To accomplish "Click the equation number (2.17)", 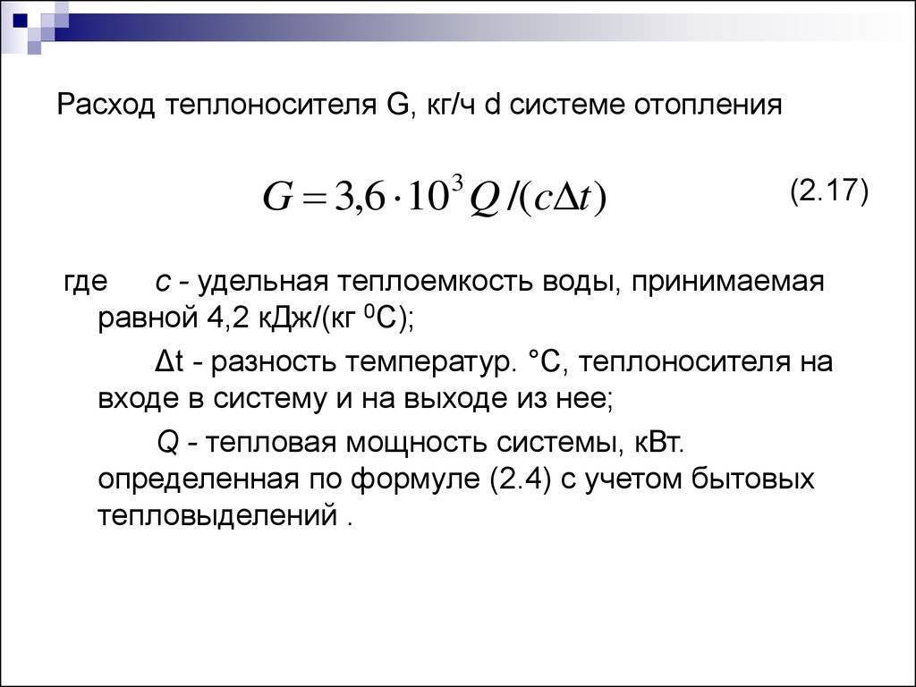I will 829,191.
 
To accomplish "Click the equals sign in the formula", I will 314,199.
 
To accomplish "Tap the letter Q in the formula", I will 483,199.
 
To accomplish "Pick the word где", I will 85,283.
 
